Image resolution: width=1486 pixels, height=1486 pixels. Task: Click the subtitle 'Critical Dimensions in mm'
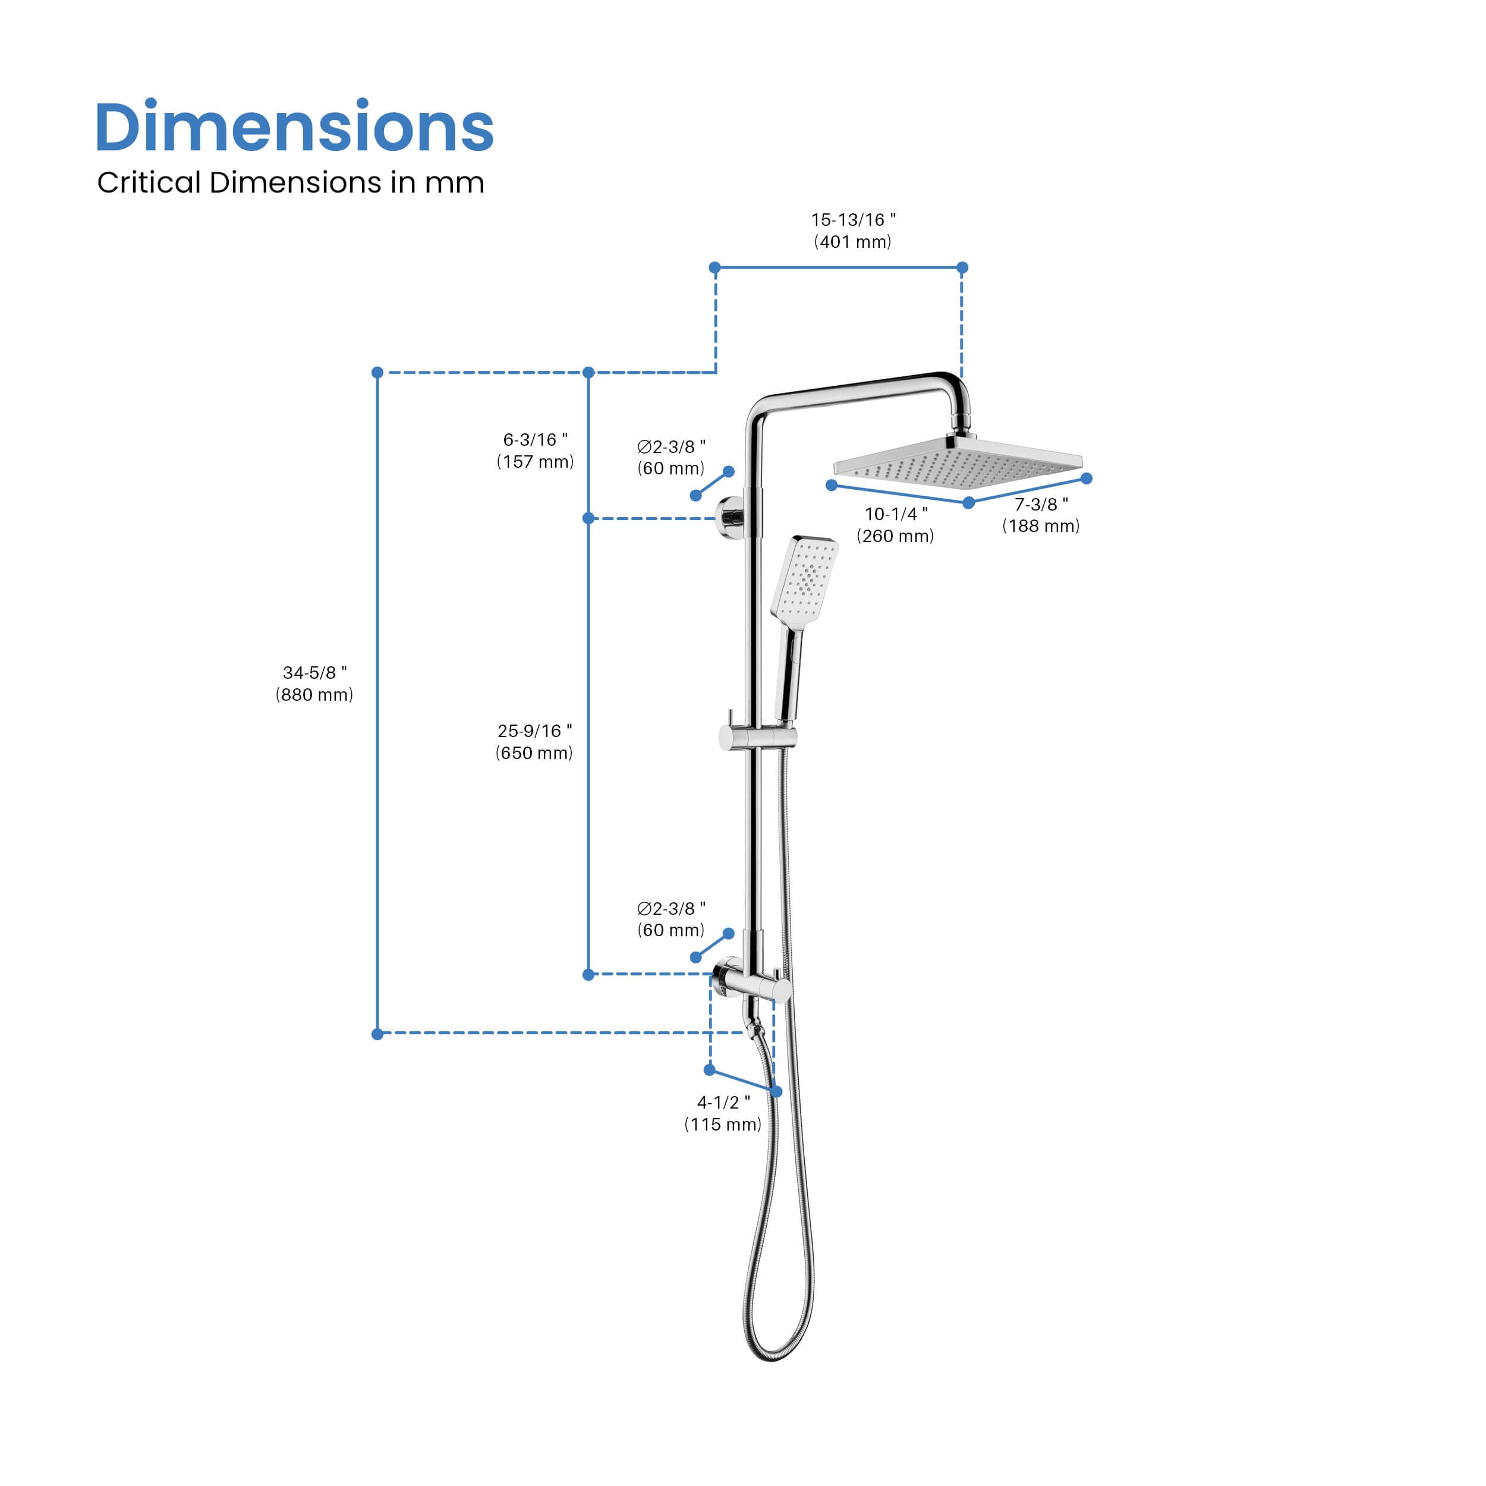pos(291,183)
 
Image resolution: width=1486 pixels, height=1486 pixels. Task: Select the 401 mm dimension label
pos(853,231)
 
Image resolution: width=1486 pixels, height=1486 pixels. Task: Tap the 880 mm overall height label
pos(314,684)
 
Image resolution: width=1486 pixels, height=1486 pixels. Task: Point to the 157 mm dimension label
pos(536,451)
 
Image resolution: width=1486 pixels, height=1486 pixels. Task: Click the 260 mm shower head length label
pos(895,525)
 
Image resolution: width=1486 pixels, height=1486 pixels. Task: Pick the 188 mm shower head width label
pos(1041,515)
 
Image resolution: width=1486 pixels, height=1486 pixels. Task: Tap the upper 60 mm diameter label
pos(670,458)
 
